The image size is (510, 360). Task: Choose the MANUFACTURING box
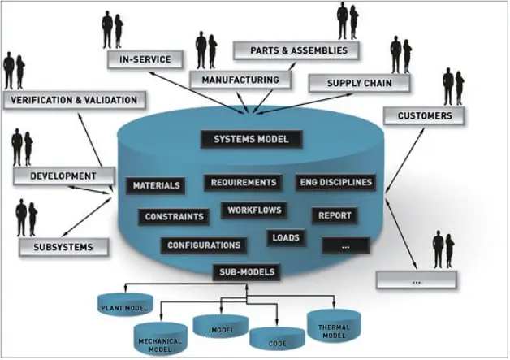240,80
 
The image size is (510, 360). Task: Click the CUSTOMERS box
425,116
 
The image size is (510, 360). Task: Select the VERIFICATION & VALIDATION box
75,100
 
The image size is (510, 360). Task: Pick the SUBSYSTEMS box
63,246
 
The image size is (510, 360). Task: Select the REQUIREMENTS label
244,182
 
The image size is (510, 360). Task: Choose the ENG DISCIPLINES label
335,182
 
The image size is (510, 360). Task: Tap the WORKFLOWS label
254,210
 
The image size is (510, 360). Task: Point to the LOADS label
286,238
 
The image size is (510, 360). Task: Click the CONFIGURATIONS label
204,245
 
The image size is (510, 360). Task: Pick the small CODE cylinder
270,340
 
